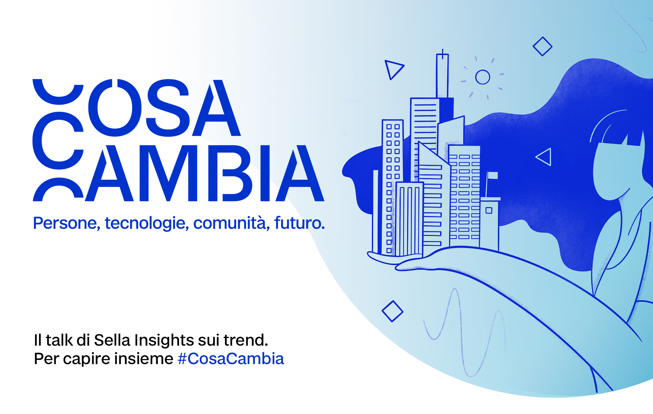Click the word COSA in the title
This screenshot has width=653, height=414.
137,108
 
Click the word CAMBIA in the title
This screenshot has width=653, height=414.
178,173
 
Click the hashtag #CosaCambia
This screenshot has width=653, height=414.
231,359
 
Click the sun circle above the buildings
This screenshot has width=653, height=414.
483,77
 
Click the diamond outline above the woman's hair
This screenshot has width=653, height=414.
542,46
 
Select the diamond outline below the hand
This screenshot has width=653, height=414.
392,311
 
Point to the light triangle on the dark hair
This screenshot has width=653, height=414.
544,157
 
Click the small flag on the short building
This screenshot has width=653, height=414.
492,175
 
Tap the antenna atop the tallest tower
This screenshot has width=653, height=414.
443,54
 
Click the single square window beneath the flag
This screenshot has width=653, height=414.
489,211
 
